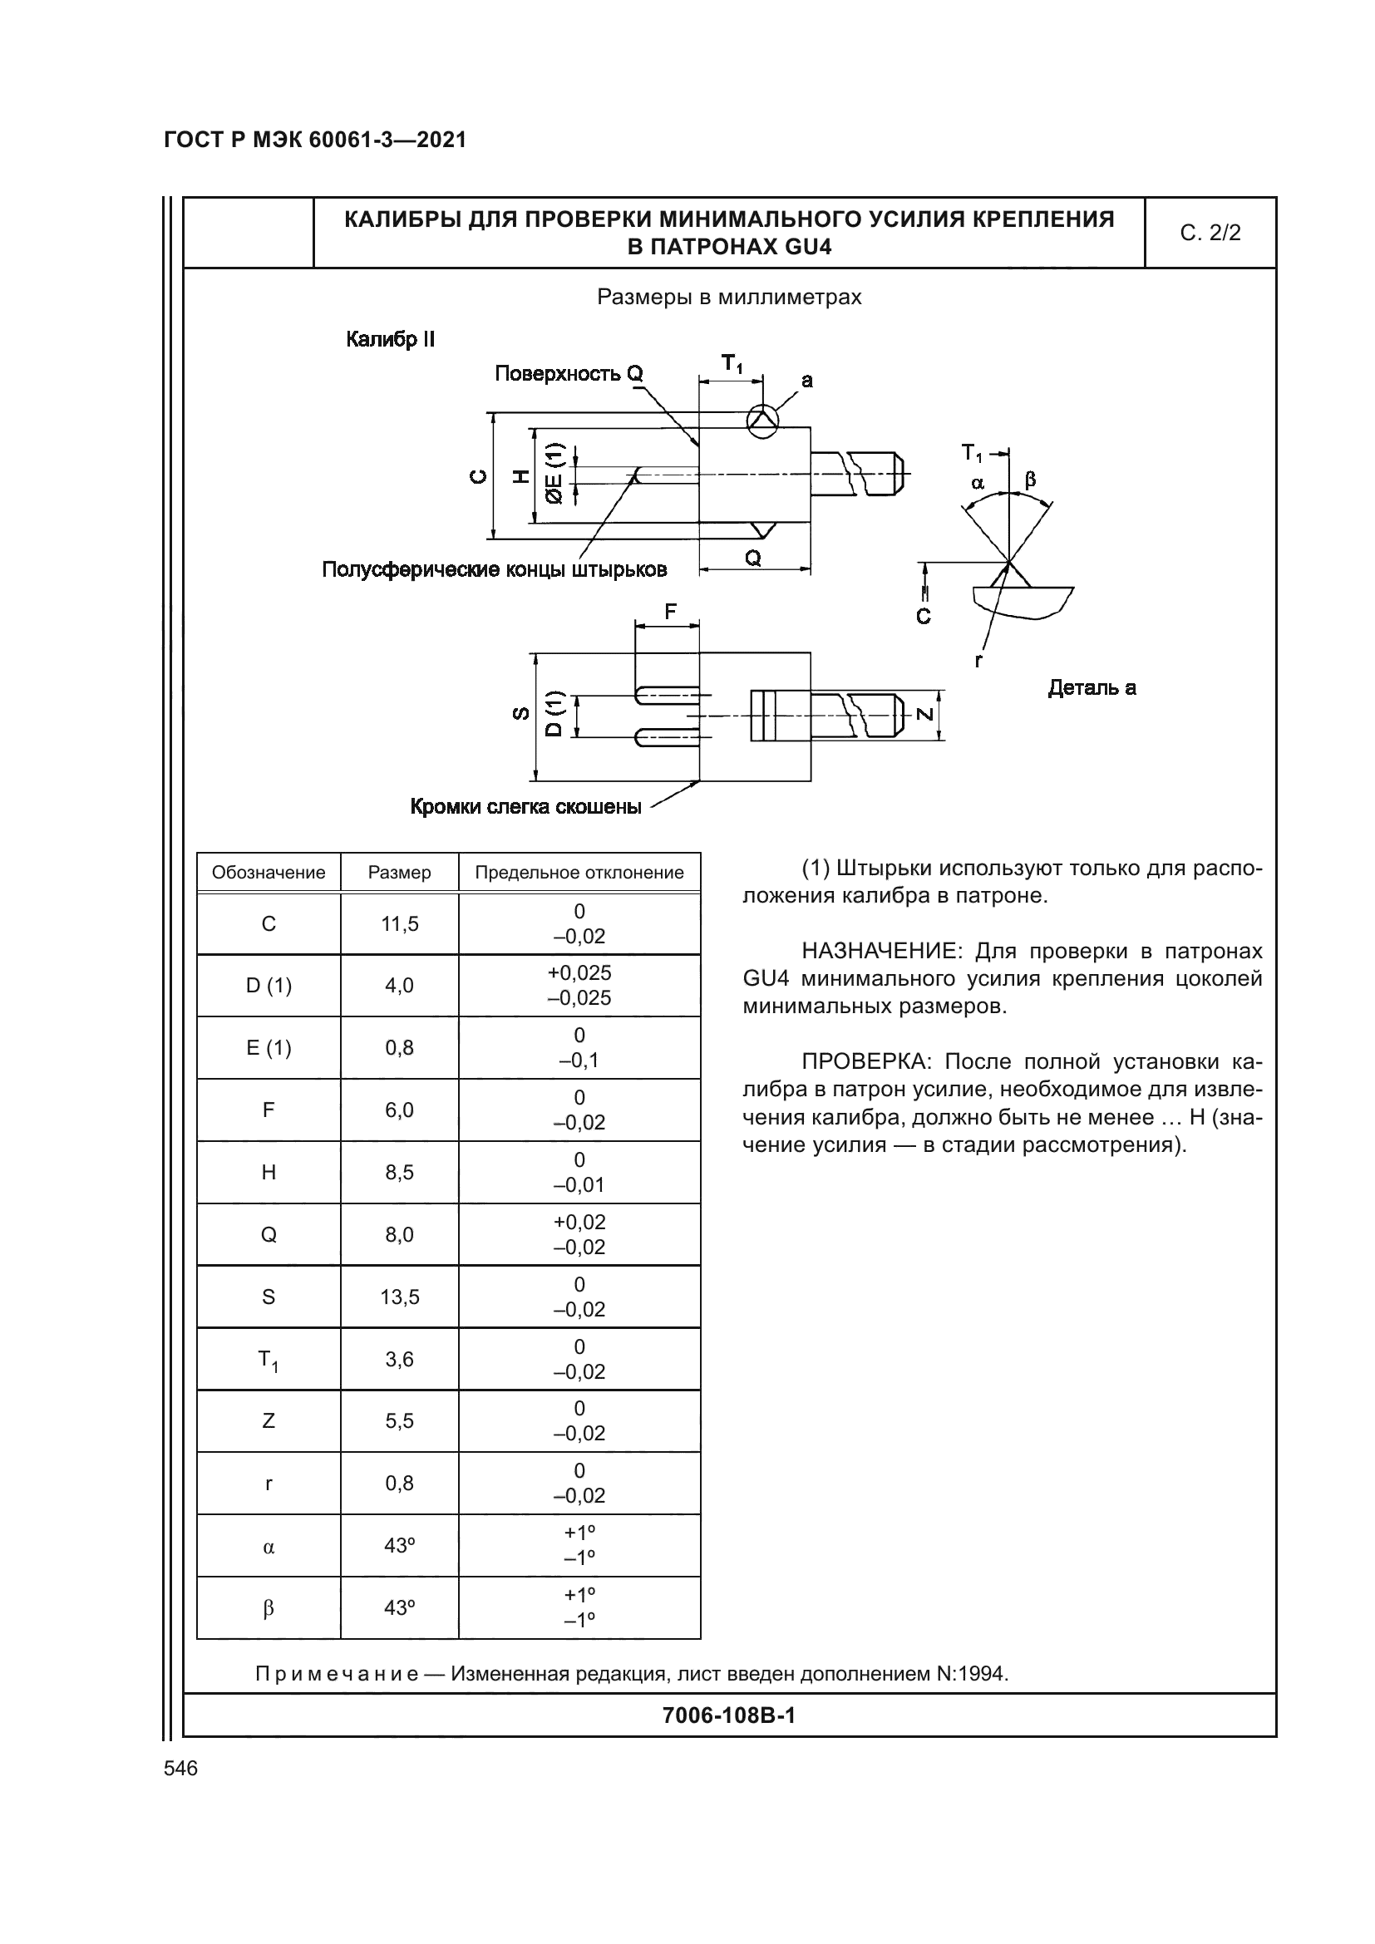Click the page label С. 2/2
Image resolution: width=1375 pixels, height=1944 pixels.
click(x=1209, y=233)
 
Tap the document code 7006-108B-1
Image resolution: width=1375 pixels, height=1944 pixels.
click(x=728, y=1715)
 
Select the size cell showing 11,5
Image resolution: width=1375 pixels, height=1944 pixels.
click(x=400, y=923)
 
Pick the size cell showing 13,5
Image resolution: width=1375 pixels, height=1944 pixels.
click(x=400, y=1297)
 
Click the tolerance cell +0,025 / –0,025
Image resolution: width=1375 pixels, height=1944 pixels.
click(x=579, y=985)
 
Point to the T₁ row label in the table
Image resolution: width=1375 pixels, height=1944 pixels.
click(x=268, y=1360)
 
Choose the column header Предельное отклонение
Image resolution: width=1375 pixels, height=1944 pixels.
click(x=579, y=872)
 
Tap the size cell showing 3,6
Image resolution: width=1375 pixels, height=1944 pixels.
click(x=400, y=1359)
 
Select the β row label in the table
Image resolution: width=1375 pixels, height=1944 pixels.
click(x=269, y=1608)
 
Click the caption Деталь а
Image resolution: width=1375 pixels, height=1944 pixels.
click(x=1092, y=687)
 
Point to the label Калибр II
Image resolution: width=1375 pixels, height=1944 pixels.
click(x=391, y=341)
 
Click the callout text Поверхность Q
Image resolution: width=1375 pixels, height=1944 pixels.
click(x=569, y=373)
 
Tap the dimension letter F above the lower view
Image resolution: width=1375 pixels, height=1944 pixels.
click(x=671, y=612)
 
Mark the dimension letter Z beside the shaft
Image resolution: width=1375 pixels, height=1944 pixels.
click(x=925, y=714)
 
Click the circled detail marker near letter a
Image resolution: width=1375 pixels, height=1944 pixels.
click(x=761, y=421)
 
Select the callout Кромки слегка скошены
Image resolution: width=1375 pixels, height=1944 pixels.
click(x=525, y=807)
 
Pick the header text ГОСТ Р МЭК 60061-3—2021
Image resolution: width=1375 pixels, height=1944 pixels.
click(x=315, y=140)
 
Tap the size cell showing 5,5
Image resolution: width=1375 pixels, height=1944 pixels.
click(x=400, y=1420)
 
